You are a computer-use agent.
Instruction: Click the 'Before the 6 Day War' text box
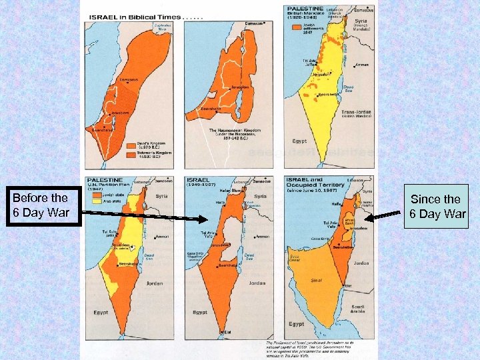[x=40, y=205]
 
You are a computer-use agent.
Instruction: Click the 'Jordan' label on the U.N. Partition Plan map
[x=155, y=283]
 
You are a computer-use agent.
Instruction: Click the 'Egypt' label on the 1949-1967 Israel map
[x=200, y=311]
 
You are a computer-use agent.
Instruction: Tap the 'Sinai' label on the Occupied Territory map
[x=316, y=280]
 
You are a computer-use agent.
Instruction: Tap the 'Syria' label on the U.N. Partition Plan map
[x=162, y=196]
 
